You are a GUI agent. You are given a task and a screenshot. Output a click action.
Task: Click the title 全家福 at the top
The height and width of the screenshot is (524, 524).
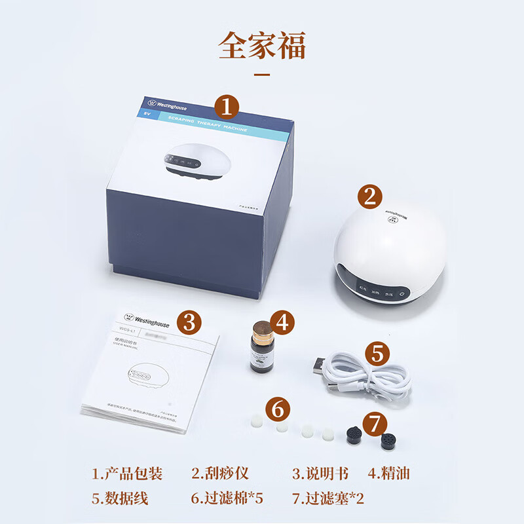262,46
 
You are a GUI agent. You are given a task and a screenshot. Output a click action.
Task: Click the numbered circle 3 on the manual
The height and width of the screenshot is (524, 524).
189,322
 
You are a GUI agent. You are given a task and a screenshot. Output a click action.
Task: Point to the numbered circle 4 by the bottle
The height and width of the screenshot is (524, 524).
282,322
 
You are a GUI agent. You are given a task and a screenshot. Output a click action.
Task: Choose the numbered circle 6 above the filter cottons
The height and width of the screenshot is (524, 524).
278,409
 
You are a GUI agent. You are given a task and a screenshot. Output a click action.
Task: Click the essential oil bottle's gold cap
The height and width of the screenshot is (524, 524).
261,327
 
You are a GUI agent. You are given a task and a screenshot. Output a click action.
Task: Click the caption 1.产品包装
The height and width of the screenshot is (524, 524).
127,474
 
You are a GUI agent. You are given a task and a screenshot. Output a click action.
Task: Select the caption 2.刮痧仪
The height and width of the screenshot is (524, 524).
220,474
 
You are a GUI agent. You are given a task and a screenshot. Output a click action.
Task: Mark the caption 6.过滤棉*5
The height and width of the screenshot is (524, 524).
227,498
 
